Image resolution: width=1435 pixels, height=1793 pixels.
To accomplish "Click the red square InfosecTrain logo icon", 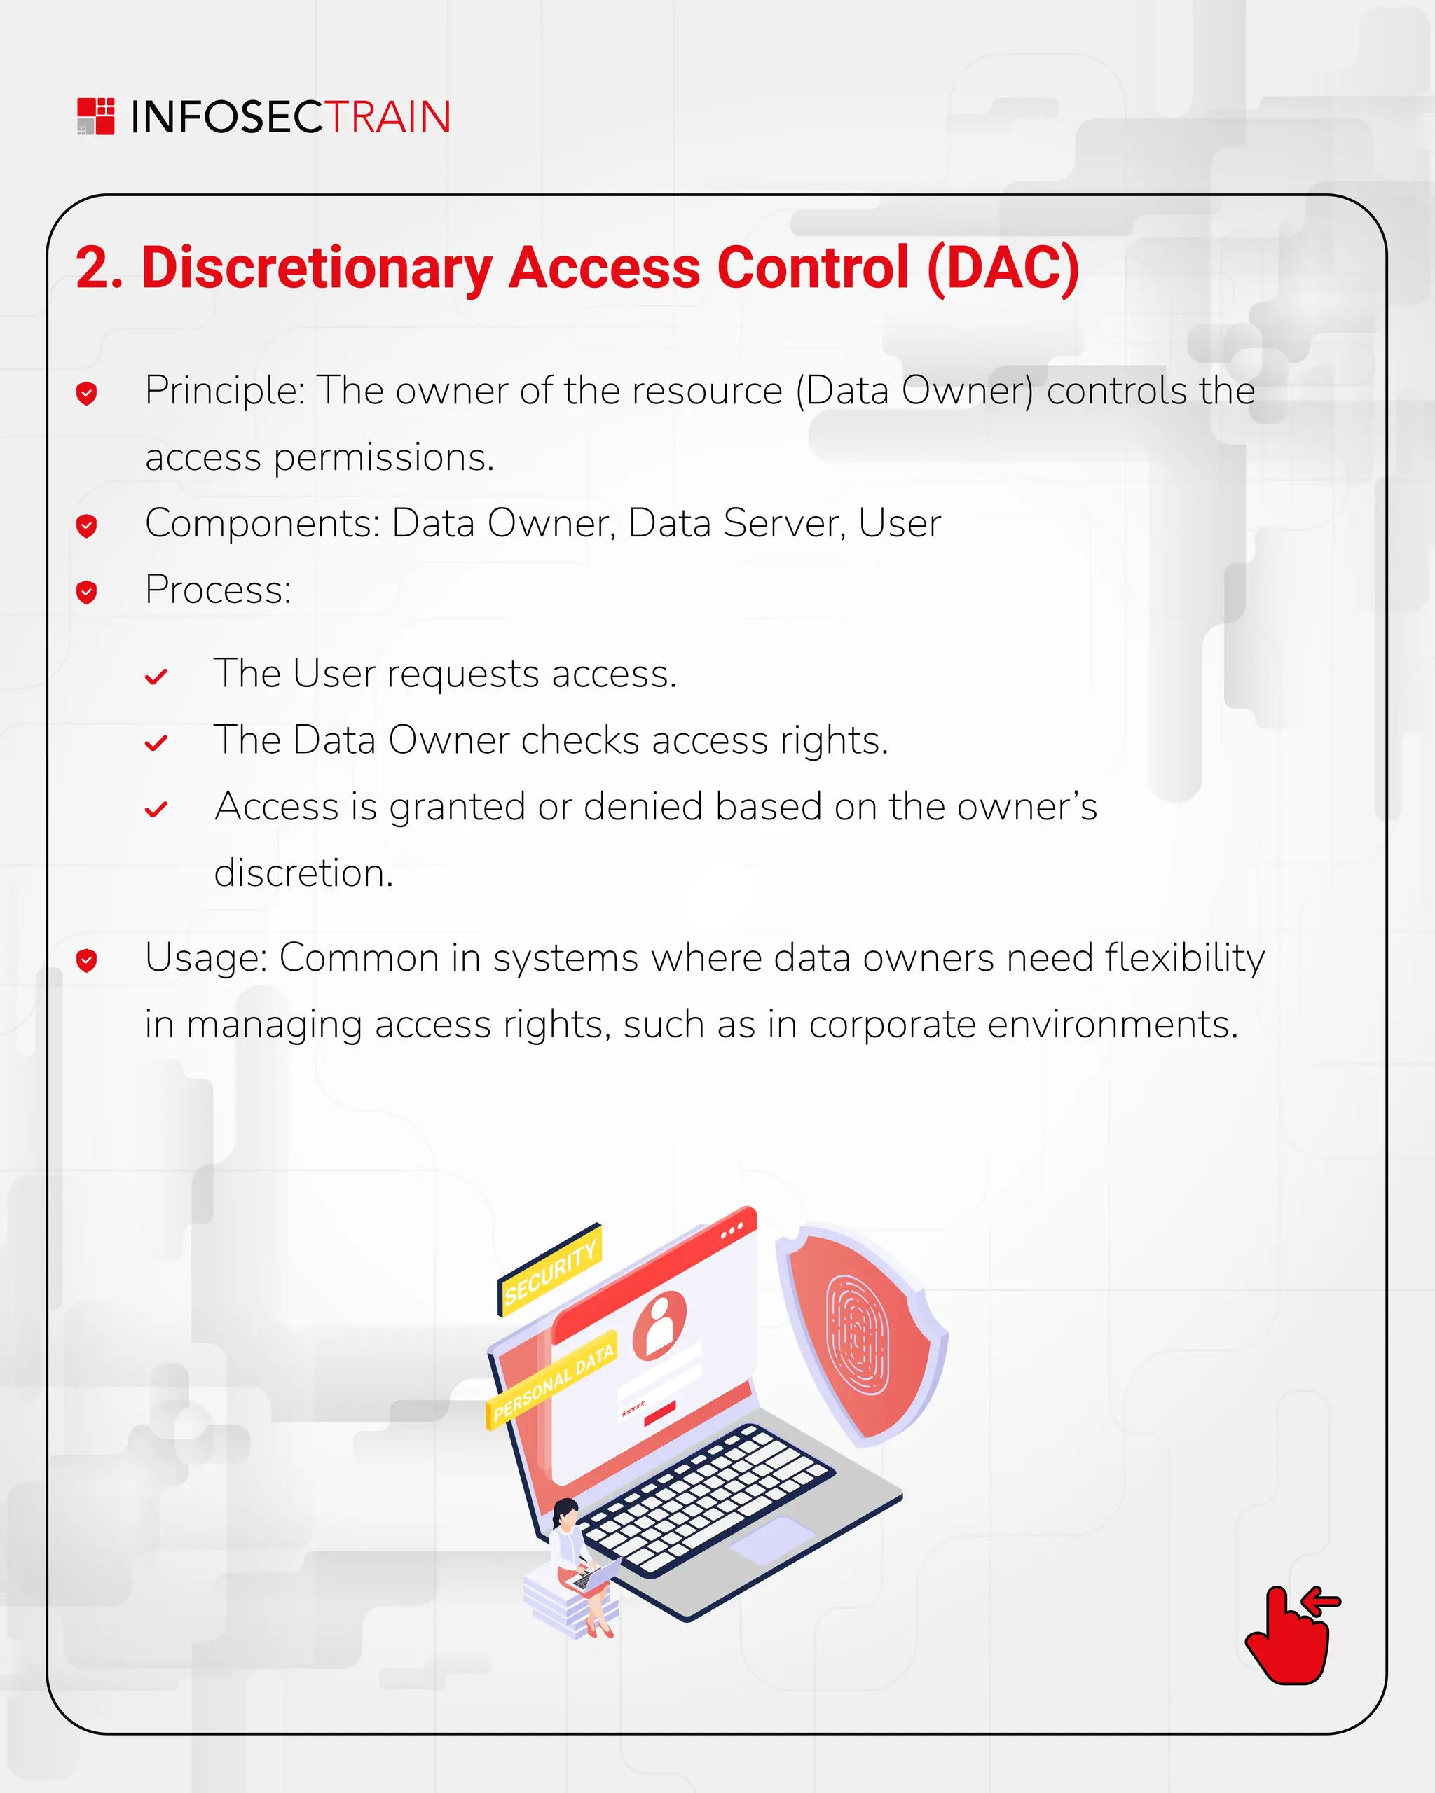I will pyautogui.click(x=96, y=116).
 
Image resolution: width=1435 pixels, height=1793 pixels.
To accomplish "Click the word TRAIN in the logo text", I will pyautogui.click(x=387, y=117).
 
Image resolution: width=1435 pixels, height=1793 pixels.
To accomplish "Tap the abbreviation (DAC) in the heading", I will pyautogui.click(x=1003, y=268).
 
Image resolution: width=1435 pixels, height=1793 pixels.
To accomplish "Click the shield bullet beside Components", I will pyautogui.click(x=86, y=525).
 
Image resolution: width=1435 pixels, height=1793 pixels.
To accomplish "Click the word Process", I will pyautogui.click(x=218, y=590).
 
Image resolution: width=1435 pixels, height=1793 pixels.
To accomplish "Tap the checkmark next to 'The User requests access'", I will pyautogui.click(x=156, y=677).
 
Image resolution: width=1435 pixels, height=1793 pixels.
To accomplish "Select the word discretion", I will pyautogui.click(x=303, y=873).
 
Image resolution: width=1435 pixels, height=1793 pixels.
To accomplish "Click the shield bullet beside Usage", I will pyautogui.click(x=86, y=960).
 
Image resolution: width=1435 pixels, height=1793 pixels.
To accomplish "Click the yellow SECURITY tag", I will pyautogui.click(x=551, y=1269).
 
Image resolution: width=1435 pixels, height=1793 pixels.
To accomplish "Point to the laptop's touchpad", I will pyautogui.click(x=772, y=1539).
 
